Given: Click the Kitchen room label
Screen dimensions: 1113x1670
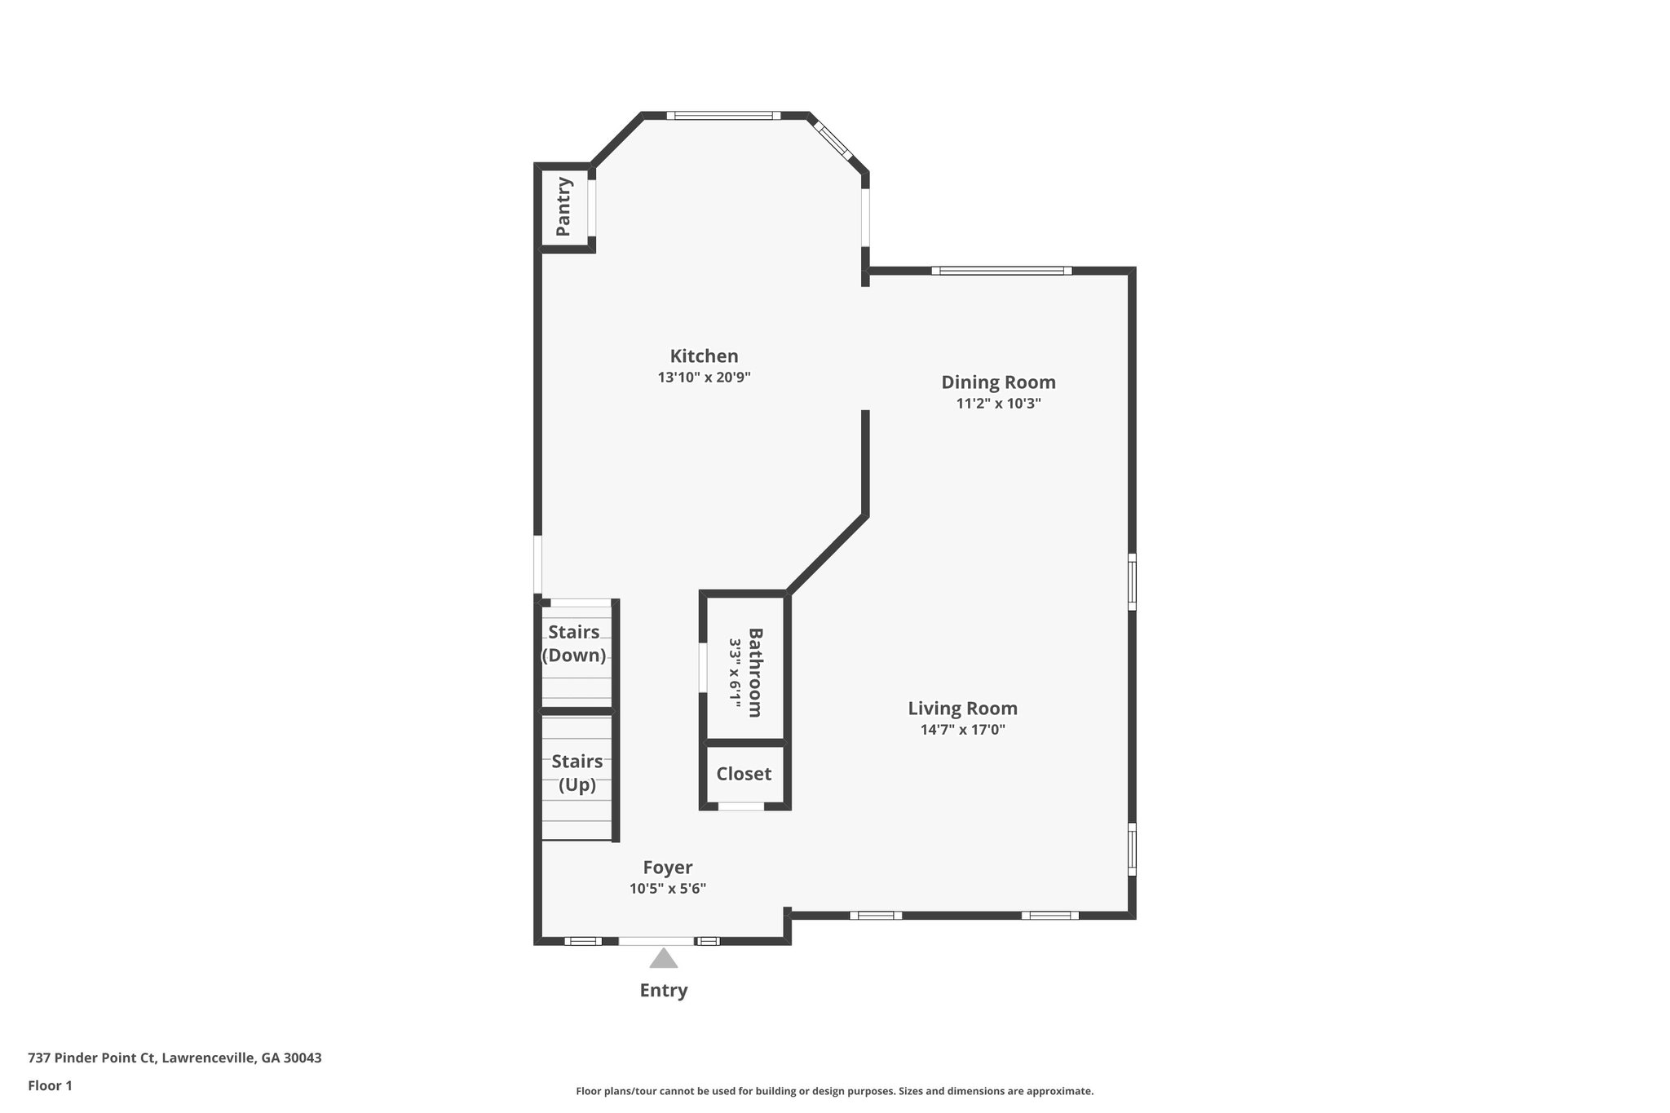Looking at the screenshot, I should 704,356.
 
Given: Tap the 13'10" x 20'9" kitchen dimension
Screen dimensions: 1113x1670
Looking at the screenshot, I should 704,378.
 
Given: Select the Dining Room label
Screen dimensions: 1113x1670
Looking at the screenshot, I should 998,382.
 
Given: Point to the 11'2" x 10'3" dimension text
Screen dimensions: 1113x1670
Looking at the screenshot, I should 998,404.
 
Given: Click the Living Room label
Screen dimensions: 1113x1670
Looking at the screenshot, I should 962,709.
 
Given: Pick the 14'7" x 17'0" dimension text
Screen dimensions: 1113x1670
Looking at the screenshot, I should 962,730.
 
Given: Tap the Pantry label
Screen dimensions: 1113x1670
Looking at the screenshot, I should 563,207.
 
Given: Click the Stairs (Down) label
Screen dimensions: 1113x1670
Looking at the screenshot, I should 574,643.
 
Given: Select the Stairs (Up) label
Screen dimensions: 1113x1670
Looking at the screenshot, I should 577,773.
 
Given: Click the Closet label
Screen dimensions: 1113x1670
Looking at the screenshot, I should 744,774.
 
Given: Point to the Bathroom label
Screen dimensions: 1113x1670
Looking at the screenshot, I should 755,672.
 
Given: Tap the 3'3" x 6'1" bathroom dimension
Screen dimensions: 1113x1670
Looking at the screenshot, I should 735,672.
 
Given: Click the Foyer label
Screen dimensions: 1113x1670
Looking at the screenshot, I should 667,868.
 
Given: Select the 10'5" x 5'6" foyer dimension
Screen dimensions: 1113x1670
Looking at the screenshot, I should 667,889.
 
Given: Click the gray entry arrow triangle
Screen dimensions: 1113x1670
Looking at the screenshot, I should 663,959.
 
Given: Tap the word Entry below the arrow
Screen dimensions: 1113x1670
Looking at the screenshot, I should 663,990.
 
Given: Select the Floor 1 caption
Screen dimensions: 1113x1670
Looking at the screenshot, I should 50,1085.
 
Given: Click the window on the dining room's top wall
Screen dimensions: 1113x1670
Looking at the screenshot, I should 1002,271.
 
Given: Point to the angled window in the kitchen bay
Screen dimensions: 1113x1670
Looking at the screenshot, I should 833,140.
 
